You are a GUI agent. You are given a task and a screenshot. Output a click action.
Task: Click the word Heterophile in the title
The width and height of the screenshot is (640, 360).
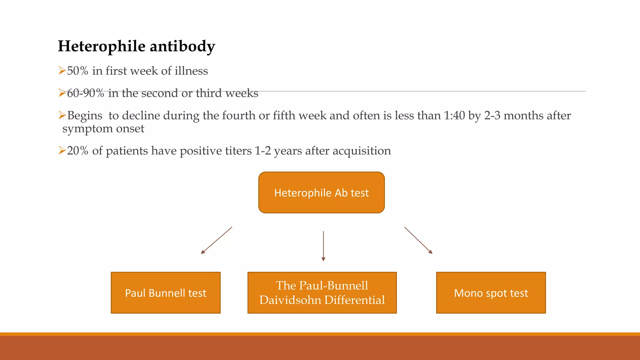click(102, 46)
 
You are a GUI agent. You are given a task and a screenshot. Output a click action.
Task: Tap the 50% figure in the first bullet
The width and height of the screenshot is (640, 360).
click(77, 71)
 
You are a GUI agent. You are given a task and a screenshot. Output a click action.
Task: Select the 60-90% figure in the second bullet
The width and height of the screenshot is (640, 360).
click(85, 93)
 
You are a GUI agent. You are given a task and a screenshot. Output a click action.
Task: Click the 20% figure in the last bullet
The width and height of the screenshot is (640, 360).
click(77, 151)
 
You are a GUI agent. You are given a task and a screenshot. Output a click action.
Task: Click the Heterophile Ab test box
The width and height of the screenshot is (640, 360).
click(321, 192)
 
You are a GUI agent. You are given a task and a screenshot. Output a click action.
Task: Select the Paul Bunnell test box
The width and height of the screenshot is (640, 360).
click(166, 293)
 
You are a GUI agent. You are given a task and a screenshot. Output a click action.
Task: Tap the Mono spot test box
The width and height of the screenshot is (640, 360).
click(491, 293)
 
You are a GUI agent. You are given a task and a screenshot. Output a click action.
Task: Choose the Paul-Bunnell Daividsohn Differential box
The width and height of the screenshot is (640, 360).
click(322, 293)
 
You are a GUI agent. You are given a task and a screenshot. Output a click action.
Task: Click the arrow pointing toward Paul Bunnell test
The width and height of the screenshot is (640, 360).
click(217, 240)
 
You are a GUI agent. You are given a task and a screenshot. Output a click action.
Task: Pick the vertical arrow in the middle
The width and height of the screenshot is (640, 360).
click(323, 246)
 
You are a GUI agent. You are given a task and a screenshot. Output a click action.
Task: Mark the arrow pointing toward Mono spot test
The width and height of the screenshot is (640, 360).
click(418, 240)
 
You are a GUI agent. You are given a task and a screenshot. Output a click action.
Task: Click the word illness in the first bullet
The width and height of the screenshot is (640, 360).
click(191, 71)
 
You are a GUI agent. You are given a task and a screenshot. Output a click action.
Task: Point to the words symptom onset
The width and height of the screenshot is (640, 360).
click(103, 128)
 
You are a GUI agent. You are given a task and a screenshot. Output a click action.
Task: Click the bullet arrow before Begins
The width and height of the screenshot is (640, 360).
click(62, 115)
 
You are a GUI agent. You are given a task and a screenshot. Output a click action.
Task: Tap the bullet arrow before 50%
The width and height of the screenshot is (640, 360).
click(62, 71)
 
